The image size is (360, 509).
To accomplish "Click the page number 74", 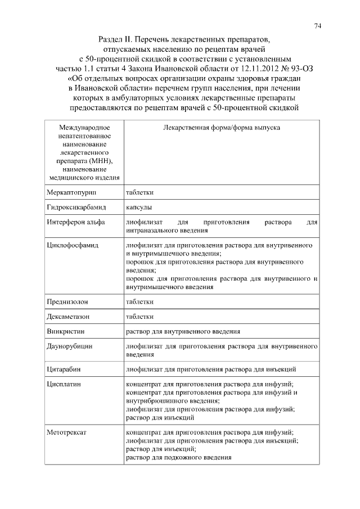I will pyautogui.click(x=318, y=26).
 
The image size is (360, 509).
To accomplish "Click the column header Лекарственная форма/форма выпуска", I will pyautogui.click(x=221, y=128).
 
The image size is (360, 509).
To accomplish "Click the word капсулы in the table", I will pyautogui.click(x=138, y=208).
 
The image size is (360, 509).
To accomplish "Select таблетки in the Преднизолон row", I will pyautogui.click(x=139, y=301).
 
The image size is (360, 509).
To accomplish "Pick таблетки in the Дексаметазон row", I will pyautogui.click(x=139, y=316).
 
